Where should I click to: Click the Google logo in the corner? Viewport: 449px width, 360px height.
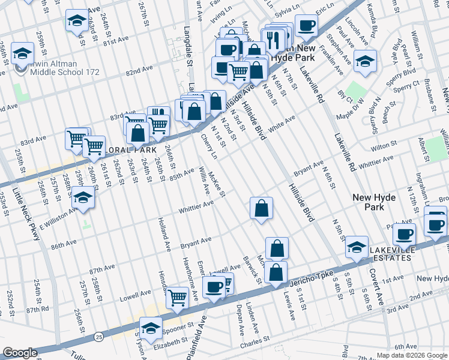tap(20, 353)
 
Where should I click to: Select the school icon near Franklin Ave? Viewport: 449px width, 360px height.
tap(365, 61)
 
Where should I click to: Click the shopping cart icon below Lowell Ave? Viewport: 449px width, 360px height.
tap(177, 296)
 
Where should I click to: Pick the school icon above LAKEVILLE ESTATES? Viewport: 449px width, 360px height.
tap(357, 247)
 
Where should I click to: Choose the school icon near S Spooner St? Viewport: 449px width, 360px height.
tap(151, 328)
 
